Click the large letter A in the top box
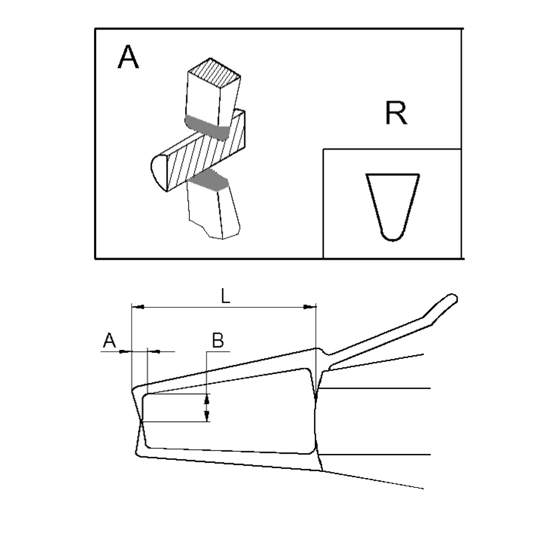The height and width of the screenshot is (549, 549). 128,59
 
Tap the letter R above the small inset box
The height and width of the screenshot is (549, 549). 396,113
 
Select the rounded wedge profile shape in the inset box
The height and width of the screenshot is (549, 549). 393,207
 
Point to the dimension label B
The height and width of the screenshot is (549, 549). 218,340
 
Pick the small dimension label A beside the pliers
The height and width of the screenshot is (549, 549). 109,341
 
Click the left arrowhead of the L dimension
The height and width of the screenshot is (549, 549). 137,306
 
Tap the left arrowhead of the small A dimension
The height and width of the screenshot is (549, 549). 126,352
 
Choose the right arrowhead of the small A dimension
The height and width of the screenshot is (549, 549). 153,352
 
